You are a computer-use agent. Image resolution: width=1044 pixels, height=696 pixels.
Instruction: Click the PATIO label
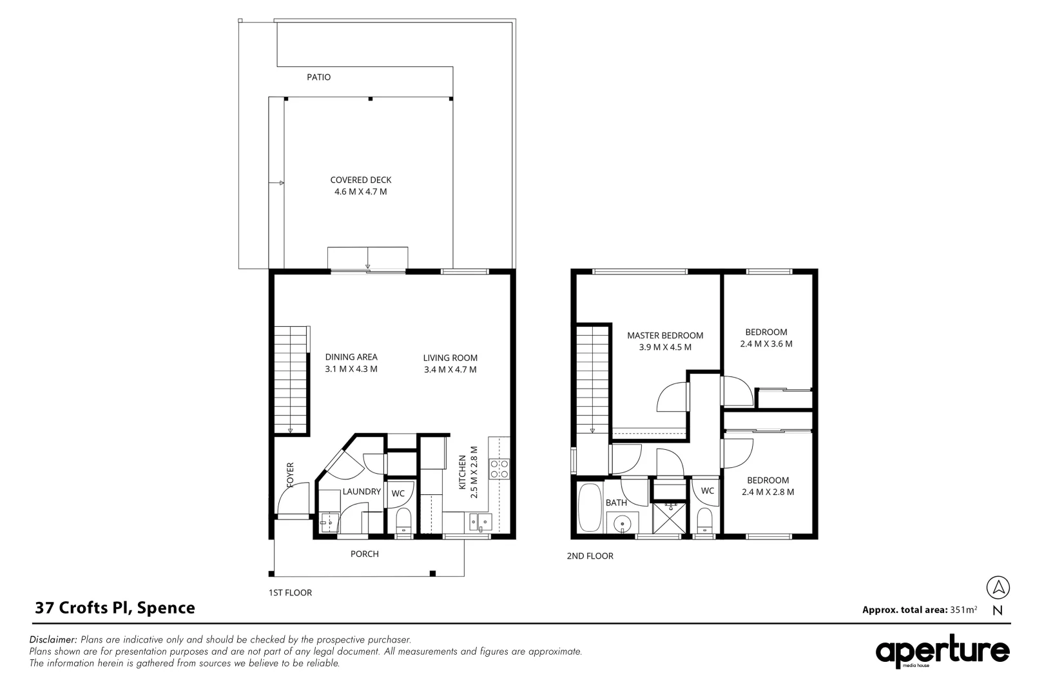[x=318, y=77]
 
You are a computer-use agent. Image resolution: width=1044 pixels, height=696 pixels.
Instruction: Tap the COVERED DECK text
[x=360, y=180]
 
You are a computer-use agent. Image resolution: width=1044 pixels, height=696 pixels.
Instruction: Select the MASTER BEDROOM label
[x=665, y=335]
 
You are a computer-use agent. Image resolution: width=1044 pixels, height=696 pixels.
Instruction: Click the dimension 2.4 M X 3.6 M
[x=766, y=344]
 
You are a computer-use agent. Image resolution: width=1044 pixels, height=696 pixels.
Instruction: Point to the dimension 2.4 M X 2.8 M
[x=768, y=492]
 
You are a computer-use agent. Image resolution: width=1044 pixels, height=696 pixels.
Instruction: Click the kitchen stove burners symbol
[x=499, y=469]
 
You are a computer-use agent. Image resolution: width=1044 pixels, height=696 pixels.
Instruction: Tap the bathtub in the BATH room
[x=590, y=509]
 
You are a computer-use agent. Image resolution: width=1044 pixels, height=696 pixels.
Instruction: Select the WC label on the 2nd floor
[x=708, y=491]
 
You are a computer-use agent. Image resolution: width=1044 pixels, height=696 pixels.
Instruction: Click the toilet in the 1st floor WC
[x=403, y=519]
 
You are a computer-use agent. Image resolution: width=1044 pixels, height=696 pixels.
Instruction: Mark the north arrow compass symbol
[x=998, y=588]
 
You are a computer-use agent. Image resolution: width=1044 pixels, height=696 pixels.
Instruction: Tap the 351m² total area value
[x=963, y=610]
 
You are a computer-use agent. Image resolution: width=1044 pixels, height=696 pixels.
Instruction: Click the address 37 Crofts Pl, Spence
[x=115, y=608]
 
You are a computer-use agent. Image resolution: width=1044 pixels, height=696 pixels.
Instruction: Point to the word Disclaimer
[x=53, y=640]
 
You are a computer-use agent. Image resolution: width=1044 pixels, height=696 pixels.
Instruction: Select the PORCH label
[x=365, y=554]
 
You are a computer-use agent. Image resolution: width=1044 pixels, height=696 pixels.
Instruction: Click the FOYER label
[x=290, y=475]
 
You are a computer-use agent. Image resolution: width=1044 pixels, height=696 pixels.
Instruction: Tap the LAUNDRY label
[x=362, y=492]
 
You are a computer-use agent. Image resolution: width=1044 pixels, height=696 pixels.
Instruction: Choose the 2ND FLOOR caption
[x=590, y=556]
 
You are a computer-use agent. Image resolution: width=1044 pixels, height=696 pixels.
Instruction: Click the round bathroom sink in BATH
[x=622, y=524]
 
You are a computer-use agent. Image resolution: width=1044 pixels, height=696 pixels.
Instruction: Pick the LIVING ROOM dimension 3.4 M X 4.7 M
[x=450, y=370]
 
